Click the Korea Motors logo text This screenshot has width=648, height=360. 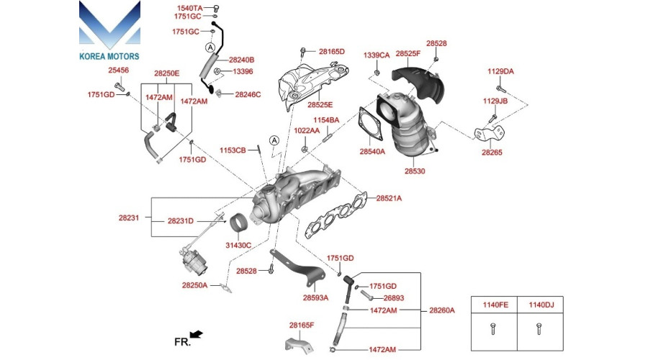click(x=109, y=55)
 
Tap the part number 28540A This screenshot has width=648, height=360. click(x=372, y=152)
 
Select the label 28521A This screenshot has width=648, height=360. click(x=389, y=197)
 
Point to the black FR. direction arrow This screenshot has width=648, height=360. click(x=195, y=334)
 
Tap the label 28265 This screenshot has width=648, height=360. click(x=492, y=153)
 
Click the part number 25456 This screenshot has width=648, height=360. click(x=119, y=70)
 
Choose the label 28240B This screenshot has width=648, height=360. click(x=242, y=60)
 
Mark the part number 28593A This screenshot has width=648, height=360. click(x=315, y=297)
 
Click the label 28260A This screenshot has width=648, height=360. click(x=442, y=310)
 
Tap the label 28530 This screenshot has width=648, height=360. click(x=415, y=171)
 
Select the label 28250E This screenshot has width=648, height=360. click(x=166, y=73)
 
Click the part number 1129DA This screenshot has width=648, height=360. click(x=500, y=71)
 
